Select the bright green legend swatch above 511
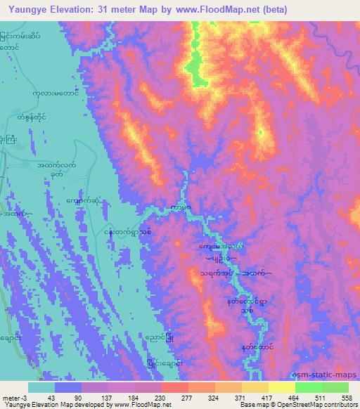(308, 387)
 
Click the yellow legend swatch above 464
(281, 387)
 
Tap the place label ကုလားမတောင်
(58, 92)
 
